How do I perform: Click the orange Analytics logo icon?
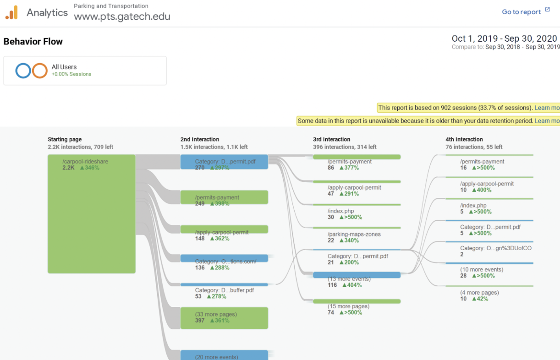click(12, 12)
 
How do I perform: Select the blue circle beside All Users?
click(23, 71)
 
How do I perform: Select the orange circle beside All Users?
click(40, 71)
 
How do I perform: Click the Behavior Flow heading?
click(33, 42)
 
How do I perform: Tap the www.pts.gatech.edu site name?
click(122, 16)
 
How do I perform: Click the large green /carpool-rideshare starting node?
click(92, 214)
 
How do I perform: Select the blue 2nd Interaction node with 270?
click(224, 162)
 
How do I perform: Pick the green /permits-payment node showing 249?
click(224, 197)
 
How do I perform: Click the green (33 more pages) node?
click(224, 318)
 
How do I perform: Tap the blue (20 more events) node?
click(224, 355)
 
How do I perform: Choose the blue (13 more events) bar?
click(357, 275)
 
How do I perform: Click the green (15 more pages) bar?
click(357, 301)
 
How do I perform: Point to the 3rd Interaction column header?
click(331, 139)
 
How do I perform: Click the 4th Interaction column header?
click(464, 139)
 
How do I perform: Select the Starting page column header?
click(65, 139)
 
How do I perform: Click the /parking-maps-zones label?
click(354, 234)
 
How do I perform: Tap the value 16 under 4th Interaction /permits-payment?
click(463, 168)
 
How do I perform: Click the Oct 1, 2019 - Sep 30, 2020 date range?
click(504, 38)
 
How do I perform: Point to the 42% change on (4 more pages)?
click(480, 299)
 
